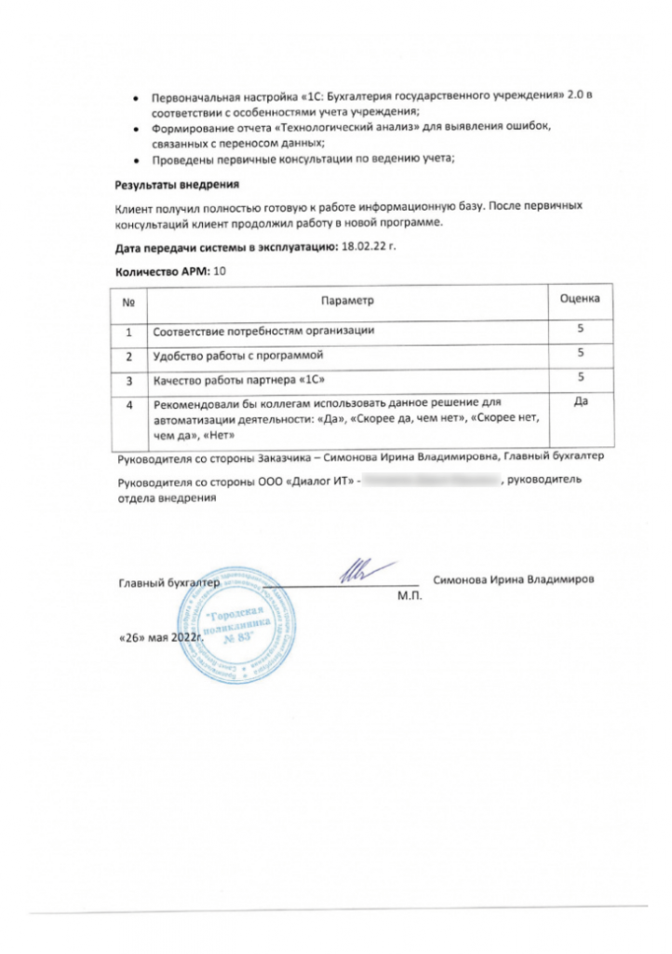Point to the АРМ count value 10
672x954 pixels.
[x=220, y=271]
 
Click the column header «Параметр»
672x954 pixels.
[x=346, y=302]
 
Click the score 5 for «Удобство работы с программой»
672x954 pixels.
[x=580, y=354]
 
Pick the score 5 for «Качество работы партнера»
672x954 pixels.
[x=580, y=377]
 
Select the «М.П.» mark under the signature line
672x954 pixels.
[x=410, y=594]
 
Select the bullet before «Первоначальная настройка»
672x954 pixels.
[x=137, y=97]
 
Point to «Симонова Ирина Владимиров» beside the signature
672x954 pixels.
[x=514, y=579]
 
